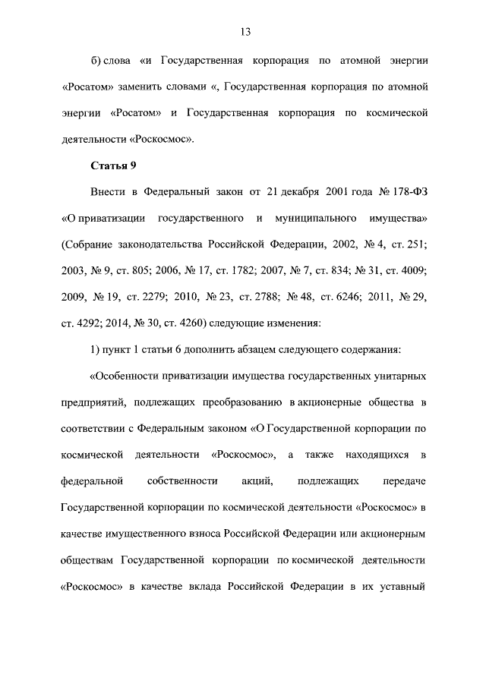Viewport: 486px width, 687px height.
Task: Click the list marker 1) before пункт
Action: [96, 350]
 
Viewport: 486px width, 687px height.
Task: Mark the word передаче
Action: [406, 481]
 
